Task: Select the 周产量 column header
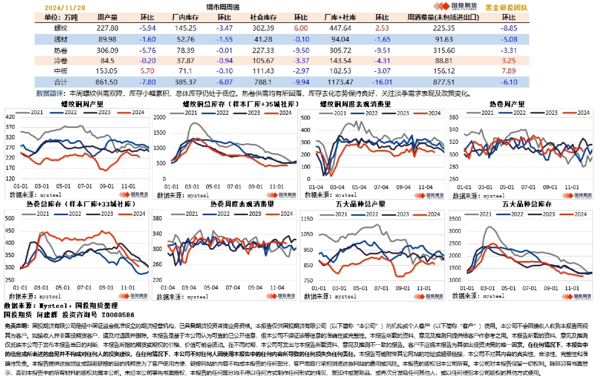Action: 107,17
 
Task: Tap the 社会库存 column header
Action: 263,17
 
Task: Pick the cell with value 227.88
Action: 107,28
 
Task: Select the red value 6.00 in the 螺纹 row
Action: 301,28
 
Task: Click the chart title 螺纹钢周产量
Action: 76,104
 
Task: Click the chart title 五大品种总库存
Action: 523,203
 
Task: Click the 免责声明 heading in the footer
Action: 16,325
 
